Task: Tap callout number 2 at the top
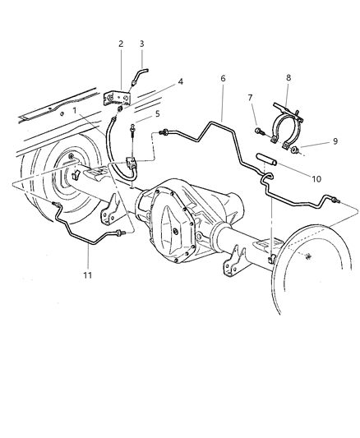[x=120, y=44]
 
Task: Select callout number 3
[x=141, y=44]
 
